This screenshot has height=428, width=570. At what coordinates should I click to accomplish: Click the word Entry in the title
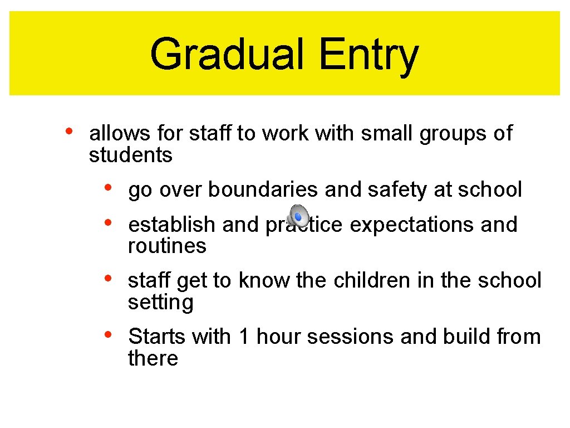[x=368, y=55]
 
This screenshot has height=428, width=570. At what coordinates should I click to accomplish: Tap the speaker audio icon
[x=298, y=215]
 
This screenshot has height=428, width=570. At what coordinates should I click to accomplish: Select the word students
[x=131, y=155]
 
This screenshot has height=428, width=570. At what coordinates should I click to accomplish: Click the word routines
[x=167, y=246]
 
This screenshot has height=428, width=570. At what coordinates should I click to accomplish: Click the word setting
[x=161, y=303]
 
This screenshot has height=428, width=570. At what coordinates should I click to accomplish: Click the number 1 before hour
[x=243, y=337]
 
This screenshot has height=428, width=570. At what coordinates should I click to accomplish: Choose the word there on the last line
[x=153, y=358]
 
